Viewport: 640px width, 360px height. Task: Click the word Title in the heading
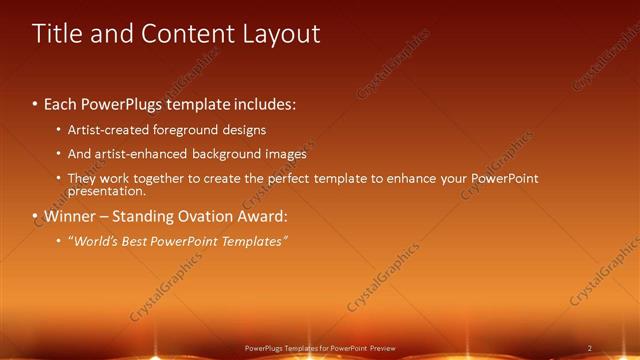[x=60, y=33]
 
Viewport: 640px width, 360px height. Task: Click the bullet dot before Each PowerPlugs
[x=35, y=104]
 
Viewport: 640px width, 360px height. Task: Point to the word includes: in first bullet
[x=263, y=104]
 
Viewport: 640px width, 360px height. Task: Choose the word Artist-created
[x=104, y=130]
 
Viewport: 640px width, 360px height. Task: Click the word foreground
[x=181, y=130]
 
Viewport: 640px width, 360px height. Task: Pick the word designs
[x=244, y=130]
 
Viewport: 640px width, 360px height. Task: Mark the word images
[x=286, y=154]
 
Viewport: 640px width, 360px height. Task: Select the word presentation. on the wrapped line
[x=106, y=190]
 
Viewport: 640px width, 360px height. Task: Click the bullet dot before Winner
[x=35, y=216]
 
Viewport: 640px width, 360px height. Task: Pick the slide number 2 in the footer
[x=589, y=347]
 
